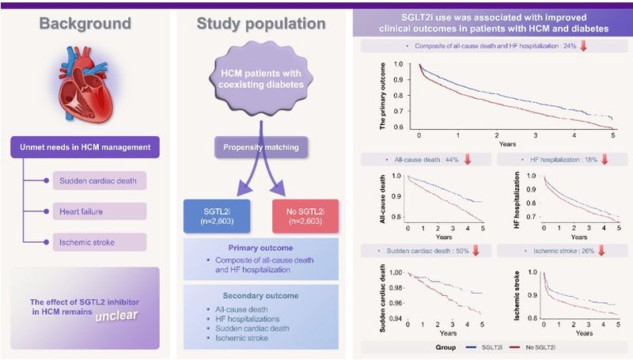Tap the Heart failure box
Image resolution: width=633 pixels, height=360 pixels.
coord(100,211)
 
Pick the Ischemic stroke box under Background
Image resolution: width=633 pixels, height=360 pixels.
coord(100,241)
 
